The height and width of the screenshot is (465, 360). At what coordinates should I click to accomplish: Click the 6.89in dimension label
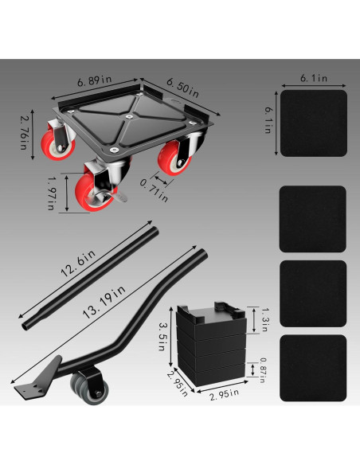94,80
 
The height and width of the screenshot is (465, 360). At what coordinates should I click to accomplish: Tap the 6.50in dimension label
182,88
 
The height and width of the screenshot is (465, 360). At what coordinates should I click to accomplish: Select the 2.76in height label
25,132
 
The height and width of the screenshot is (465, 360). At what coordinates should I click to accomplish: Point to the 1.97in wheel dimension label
52,193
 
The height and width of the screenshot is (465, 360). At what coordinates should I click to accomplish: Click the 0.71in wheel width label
154,191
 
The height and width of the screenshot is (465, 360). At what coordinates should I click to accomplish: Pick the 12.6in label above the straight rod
78,264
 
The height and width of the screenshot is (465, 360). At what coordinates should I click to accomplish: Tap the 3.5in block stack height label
162,337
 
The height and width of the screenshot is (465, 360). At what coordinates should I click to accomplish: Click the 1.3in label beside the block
264,319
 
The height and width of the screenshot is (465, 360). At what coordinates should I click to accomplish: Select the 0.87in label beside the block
262,370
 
